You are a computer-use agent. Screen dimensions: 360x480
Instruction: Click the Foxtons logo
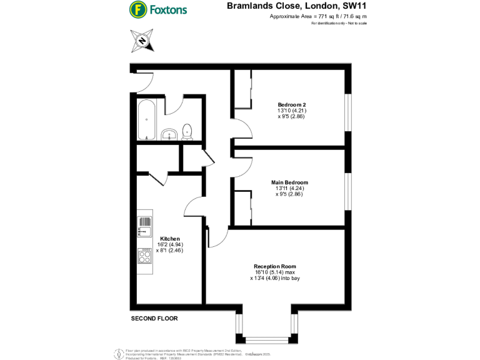tap(158, 10)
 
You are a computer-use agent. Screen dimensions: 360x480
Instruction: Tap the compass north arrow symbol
tap(142, 41)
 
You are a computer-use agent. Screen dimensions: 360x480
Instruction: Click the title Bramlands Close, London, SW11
tap(296, 6)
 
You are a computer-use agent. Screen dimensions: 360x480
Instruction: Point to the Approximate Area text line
tap(317, 17)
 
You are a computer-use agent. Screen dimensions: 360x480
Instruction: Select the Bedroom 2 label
tap(292, 104)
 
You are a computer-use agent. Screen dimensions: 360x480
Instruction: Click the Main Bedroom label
tap(292, 182)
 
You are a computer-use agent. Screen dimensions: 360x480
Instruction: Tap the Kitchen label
tap(170, 239)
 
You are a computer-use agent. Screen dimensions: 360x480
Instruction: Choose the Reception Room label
tap(275, 266)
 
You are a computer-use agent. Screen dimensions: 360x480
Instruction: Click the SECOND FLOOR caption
tap(154, 319)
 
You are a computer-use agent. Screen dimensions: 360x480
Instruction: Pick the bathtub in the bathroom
tap(146, 119)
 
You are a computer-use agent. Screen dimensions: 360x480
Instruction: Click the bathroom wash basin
tap(169, 133)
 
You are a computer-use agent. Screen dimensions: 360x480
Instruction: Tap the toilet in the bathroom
tap(187, 131)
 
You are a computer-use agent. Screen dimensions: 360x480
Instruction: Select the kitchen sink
tap(144, 226)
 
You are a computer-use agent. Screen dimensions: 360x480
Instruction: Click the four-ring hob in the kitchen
tap(144, 256)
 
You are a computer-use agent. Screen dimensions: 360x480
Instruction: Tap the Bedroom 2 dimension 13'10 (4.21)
tap(291, 111)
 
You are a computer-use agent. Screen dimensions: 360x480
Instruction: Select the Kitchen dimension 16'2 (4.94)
tap(170, 245)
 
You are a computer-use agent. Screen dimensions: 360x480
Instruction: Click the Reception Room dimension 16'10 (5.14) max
tap(275, 272)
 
